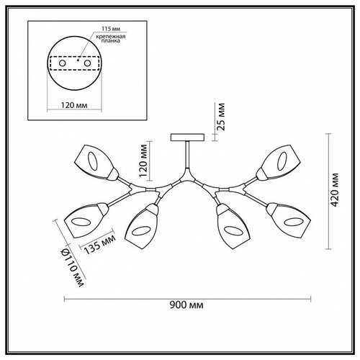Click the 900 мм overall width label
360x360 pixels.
186,305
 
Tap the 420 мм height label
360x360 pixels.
335,190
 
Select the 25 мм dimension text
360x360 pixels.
221,117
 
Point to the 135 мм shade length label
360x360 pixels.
99,244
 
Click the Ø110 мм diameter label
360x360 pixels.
73,268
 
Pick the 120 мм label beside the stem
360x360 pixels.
143,161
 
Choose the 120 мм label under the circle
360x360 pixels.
74,105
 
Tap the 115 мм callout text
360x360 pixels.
111,29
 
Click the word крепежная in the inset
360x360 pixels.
111,37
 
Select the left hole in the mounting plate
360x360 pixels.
63,63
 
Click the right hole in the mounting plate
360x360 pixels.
87,63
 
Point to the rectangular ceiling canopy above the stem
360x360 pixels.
187,138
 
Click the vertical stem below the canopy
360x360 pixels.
187,155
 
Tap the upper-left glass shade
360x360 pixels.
96,163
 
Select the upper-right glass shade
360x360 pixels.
279,163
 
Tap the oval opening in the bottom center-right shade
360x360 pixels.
233,230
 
